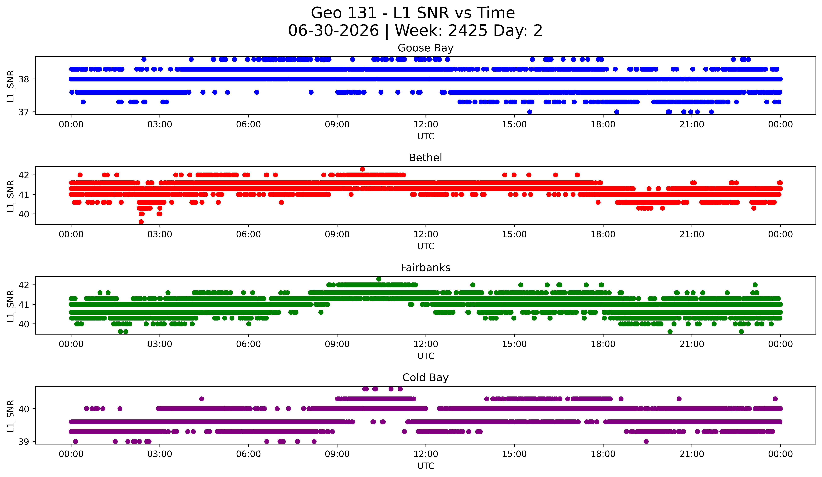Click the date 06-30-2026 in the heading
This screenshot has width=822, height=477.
[x=333, y=31]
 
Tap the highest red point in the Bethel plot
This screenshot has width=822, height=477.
[x=362, y=169]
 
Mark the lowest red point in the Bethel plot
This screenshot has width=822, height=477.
[x=141, y=222]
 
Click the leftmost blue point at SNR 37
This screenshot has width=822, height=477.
[x=529, y=112]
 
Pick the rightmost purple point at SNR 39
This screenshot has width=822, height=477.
[x=646, y=441]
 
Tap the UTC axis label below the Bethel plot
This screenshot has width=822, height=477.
[x=426, y=246]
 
